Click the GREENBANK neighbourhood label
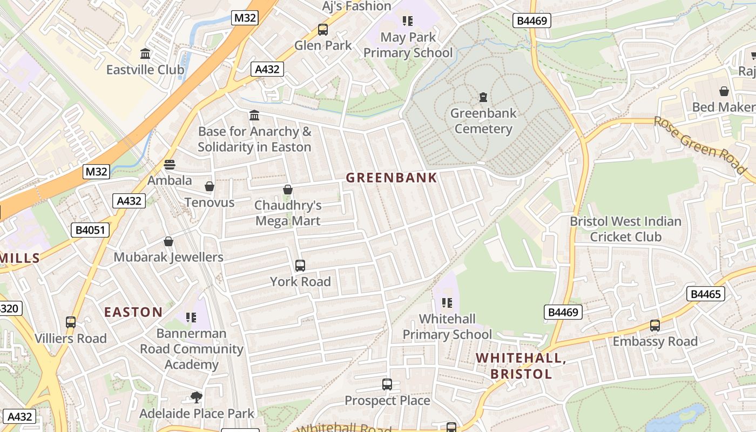391,178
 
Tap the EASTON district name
133,312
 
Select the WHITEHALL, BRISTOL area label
521,366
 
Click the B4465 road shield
705,294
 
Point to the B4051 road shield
90,230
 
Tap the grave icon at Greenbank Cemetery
483,97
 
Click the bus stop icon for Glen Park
323,30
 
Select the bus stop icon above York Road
300,266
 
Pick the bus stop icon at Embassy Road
655,326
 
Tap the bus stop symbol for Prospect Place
387,384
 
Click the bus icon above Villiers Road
71,322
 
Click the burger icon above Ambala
170,165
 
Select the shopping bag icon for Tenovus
210,186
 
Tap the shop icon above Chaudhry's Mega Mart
288,190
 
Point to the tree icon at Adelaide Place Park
197,398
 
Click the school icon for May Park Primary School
408,21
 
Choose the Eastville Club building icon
145,54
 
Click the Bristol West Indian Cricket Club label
625,229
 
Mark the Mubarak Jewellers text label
168,257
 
